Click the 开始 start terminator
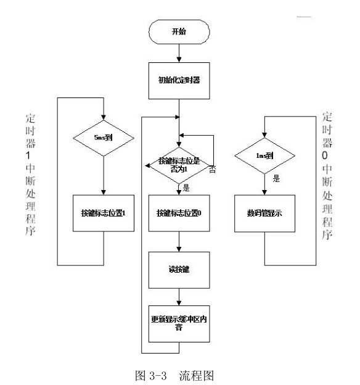(x=179, y=31)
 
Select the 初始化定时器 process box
(x=179, y=80)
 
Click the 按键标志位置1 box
(x=104, y=213)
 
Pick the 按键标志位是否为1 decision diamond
(x=179, y=165)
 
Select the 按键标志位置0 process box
(x=179, y=213)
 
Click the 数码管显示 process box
(x=264, y=213)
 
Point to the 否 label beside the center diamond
(x=212, y=169)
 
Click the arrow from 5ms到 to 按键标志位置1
(x=104, y=179)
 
